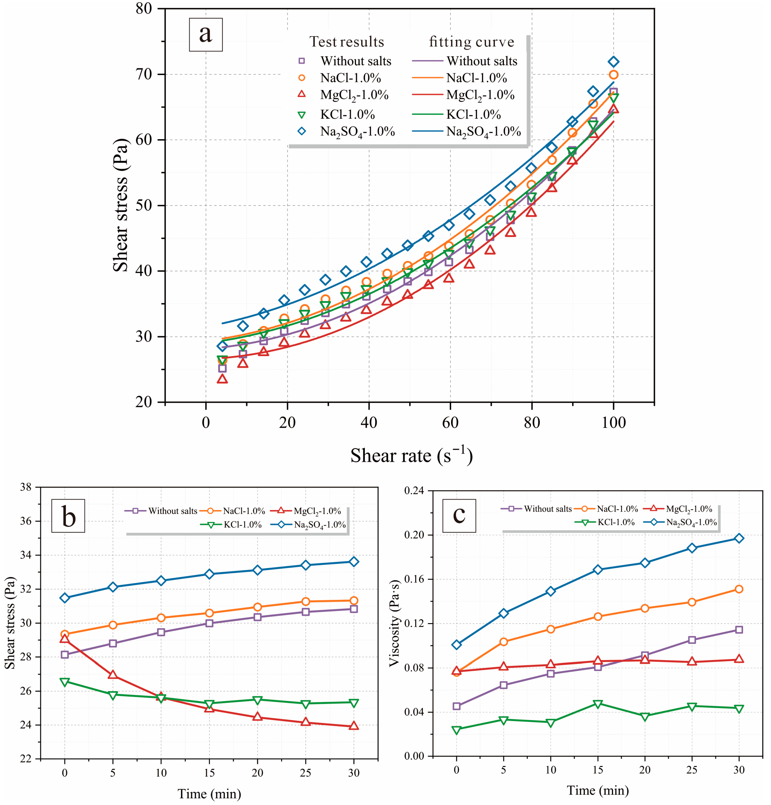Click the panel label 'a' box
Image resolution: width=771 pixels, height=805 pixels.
206,35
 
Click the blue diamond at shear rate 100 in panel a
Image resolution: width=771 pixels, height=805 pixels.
613,62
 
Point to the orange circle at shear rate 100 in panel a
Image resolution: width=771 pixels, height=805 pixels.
613,75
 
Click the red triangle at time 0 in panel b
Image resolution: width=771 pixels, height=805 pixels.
64,638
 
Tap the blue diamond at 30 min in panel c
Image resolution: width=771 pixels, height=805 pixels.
739,538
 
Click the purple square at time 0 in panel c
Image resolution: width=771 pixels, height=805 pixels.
457,706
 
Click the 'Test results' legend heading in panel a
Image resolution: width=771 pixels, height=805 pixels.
346,42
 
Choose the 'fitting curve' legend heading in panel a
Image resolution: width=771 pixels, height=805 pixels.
471,42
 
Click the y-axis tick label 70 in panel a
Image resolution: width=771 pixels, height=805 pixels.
144,74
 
